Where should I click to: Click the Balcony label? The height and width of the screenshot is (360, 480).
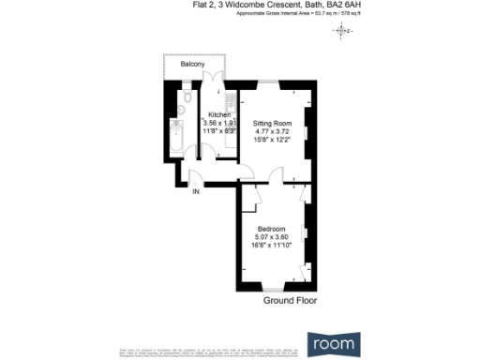[192, 64]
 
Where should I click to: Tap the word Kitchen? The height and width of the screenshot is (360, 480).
[219, 115]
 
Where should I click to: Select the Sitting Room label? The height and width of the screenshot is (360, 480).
[272, 124]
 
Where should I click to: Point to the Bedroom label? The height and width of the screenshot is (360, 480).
[272, 228]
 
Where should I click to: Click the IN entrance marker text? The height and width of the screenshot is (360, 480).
[196, 192]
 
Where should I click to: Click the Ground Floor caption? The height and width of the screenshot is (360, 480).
[290, 302]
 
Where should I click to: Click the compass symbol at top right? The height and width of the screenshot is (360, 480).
[341, 32]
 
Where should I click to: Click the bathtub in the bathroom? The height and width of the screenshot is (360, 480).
[178, 138]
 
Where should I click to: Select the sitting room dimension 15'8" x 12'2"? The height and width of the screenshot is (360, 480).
[272, 141]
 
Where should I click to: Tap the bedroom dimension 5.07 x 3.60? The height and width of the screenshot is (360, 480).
[272, 236]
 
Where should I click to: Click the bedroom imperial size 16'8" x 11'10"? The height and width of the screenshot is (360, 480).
[272, 245]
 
